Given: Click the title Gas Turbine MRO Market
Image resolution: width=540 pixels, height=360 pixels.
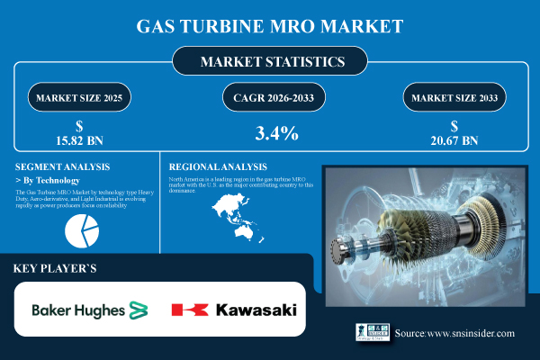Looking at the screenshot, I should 269,25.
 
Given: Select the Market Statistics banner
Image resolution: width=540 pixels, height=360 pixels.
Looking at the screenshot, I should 270,63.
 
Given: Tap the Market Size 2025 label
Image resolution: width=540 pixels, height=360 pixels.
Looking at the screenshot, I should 77,95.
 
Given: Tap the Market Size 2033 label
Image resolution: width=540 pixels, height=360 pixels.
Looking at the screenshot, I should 460,95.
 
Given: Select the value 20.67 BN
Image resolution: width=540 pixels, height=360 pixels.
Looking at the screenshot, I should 460,139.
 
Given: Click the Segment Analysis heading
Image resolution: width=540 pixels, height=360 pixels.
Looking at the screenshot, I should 62,166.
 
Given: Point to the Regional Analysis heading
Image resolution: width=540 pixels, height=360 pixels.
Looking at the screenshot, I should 218,166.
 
